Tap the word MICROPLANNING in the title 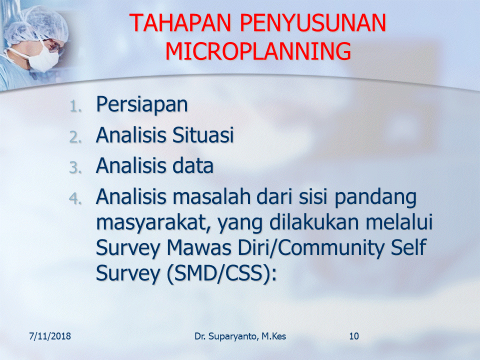[x=258, y=51]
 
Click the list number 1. [x=75, y=107]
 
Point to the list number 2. [x=75, y=137]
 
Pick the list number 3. [x=75, y=168]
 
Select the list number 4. [x=75, y=198]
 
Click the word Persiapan [x=141, y=105]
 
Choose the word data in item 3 [x=193, y=165]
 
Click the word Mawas [x=199, y=247]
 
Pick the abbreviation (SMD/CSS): [x=221, y=273]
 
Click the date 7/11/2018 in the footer [x=50, y=336]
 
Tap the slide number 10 [x=354, y=336]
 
